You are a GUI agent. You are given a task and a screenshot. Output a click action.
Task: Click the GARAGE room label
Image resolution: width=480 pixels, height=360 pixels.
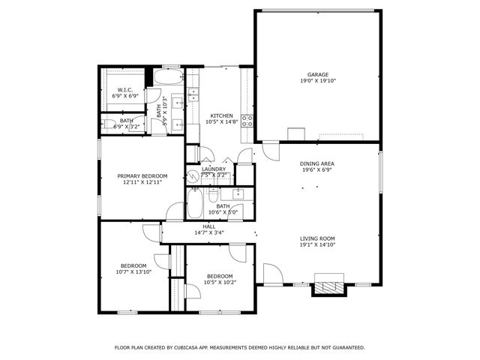tap(317, 74)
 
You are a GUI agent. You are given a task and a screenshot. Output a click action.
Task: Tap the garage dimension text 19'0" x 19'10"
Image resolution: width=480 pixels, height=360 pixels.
tap(317, 80)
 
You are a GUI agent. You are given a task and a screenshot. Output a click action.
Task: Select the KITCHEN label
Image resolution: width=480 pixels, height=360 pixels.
tap(221, 115)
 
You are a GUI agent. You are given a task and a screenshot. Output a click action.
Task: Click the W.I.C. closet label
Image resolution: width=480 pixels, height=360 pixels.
tap(124, 90)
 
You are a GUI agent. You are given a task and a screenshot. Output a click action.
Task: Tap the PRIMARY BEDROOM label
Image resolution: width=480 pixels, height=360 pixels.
tap(142, 175)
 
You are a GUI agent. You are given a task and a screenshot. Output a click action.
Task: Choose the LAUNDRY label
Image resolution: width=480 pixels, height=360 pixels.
tap(214, 169)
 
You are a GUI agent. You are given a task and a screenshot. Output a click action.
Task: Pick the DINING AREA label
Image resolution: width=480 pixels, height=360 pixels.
tap(317, 163)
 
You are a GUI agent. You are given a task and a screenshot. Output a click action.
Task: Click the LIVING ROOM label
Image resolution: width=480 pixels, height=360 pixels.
tap(317, 238)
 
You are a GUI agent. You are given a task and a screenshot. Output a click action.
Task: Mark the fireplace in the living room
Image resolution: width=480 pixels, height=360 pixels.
tap(328, 285)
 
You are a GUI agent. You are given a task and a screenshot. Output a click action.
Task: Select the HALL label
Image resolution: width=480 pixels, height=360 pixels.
tap(208, 226)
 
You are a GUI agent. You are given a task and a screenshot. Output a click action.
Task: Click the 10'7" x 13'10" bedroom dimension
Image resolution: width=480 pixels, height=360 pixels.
tap(135, 271)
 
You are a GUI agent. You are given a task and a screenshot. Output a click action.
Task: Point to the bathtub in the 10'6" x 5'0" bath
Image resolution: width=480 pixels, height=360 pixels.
tap(195, 202)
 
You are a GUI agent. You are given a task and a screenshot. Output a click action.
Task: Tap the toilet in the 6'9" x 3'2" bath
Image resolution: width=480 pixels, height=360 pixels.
tap(109, 124)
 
